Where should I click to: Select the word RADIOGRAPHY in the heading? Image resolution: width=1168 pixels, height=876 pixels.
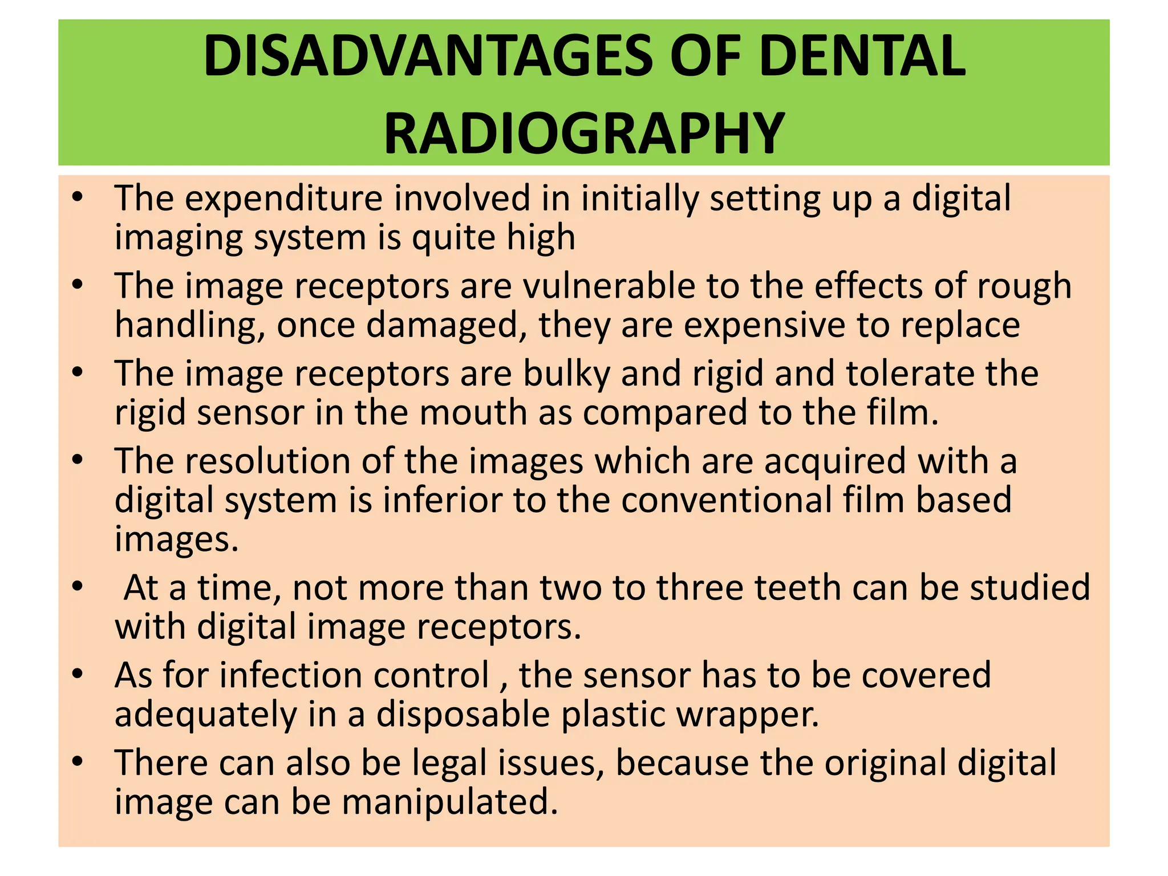(584, 133)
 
